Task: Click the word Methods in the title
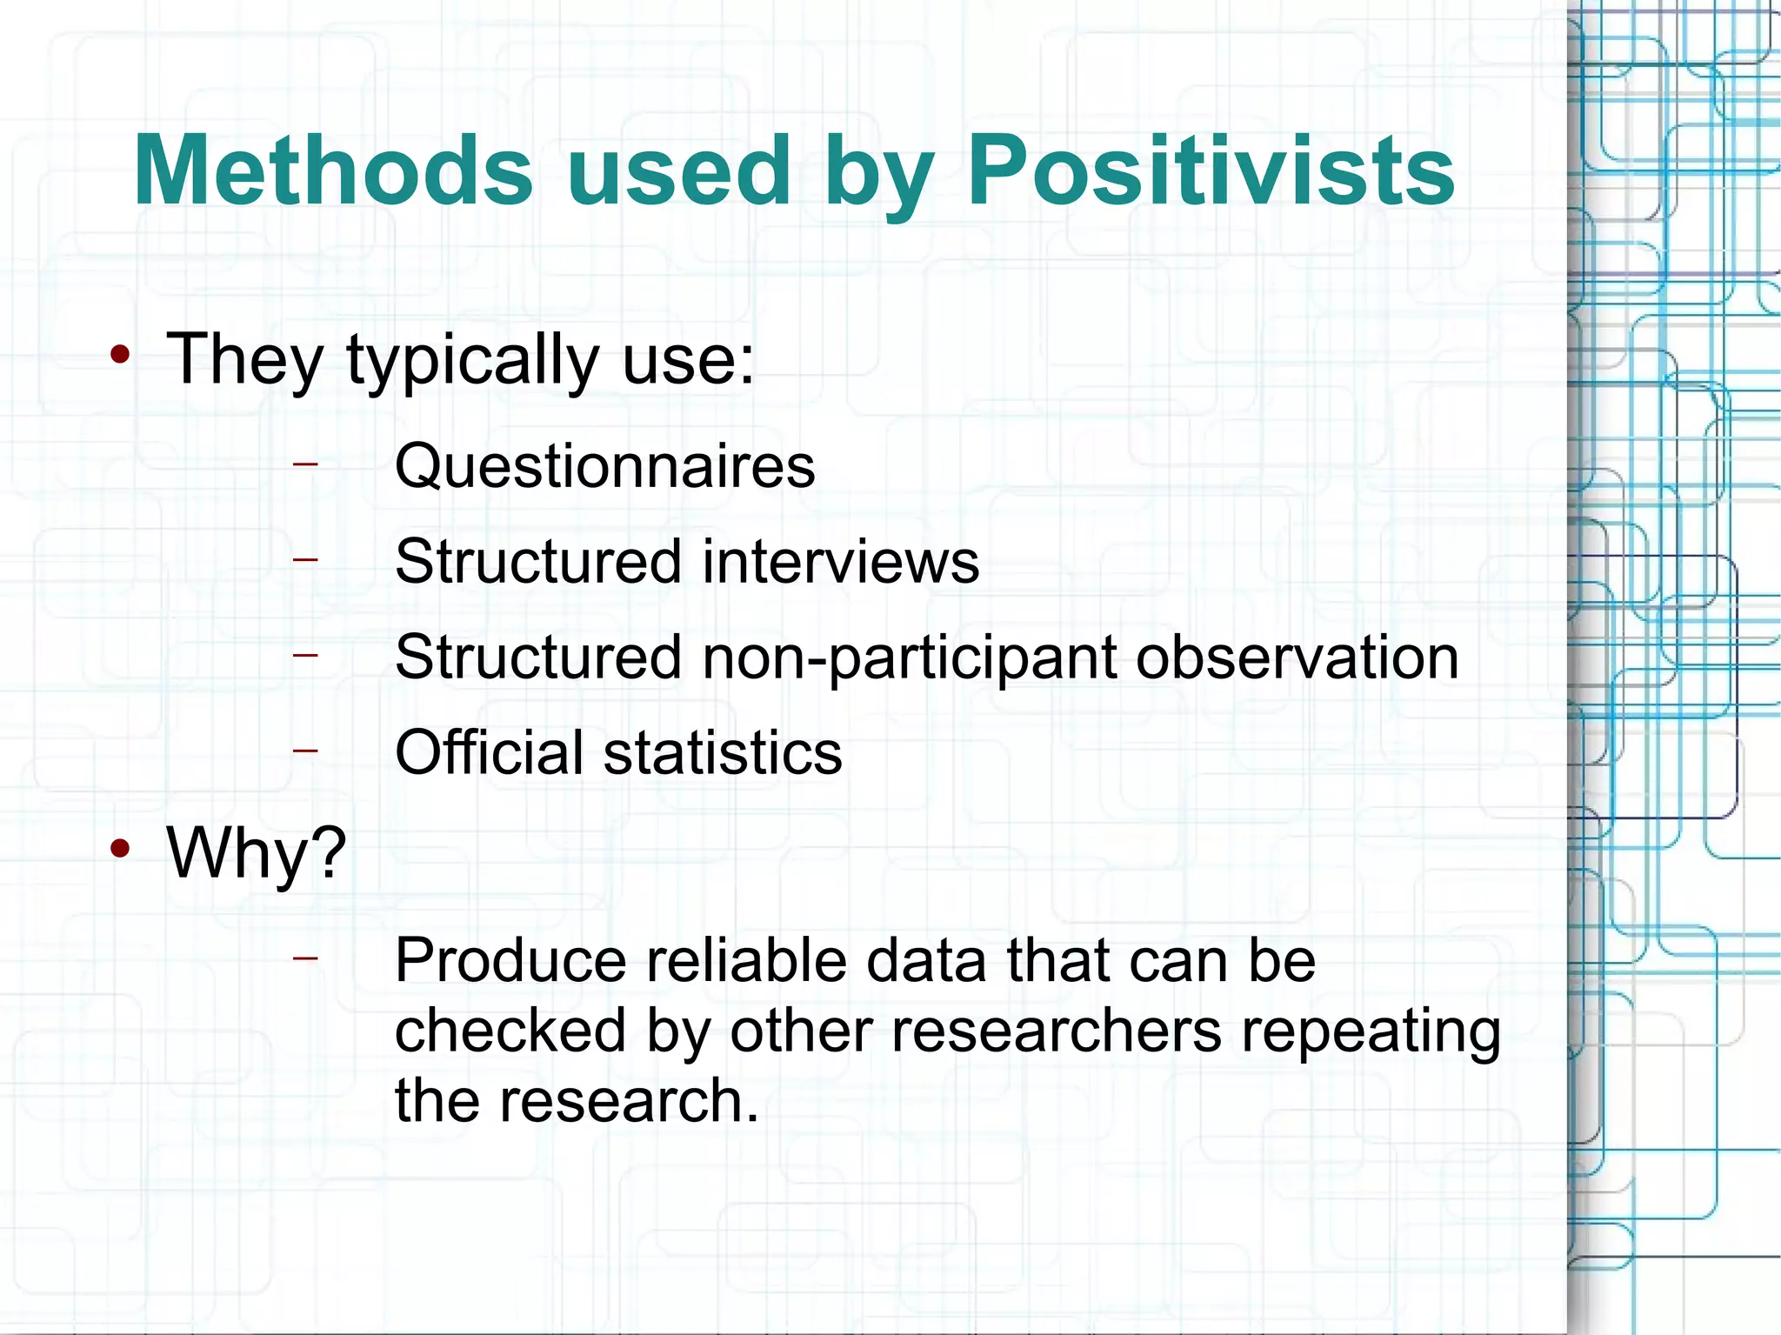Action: point(333,170)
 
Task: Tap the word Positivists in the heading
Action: point(1211,170)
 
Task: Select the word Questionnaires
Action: point(605,466)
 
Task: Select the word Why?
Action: point(257,853)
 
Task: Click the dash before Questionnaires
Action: point(305,464)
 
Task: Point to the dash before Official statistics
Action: point(305,749)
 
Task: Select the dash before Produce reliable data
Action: point(305,958)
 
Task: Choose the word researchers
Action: point(1057,1031)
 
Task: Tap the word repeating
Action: point(1371,1032)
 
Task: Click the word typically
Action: point(473,360)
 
